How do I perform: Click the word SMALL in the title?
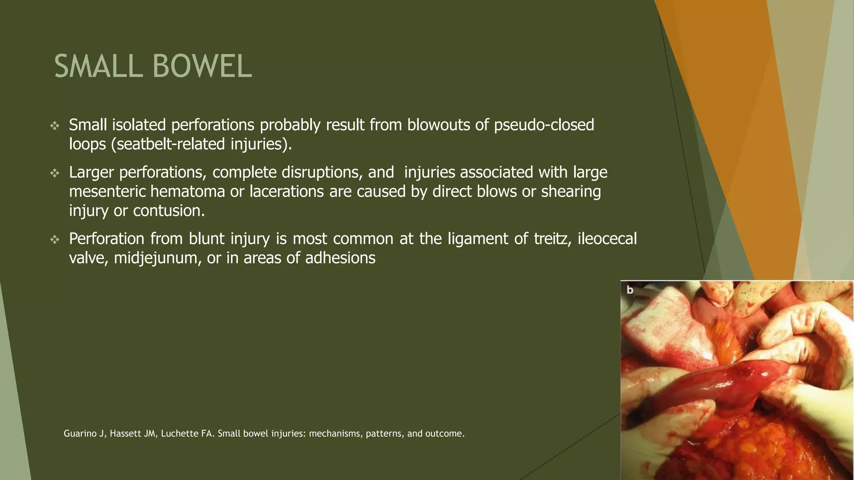[99, 67]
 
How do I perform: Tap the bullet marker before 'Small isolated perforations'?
[55, 126]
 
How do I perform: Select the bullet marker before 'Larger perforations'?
[55, 173]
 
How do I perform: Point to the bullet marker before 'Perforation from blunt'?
[55, 240]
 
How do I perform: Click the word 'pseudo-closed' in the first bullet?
[544, 125]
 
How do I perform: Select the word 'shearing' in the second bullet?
[571, 192]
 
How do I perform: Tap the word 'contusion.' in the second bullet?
[169, 211]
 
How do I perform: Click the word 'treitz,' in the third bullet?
[553, 239]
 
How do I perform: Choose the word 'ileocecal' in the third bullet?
[607, 239]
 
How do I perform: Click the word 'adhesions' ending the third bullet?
[340, 258]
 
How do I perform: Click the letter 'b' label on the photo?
[630, 290]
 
